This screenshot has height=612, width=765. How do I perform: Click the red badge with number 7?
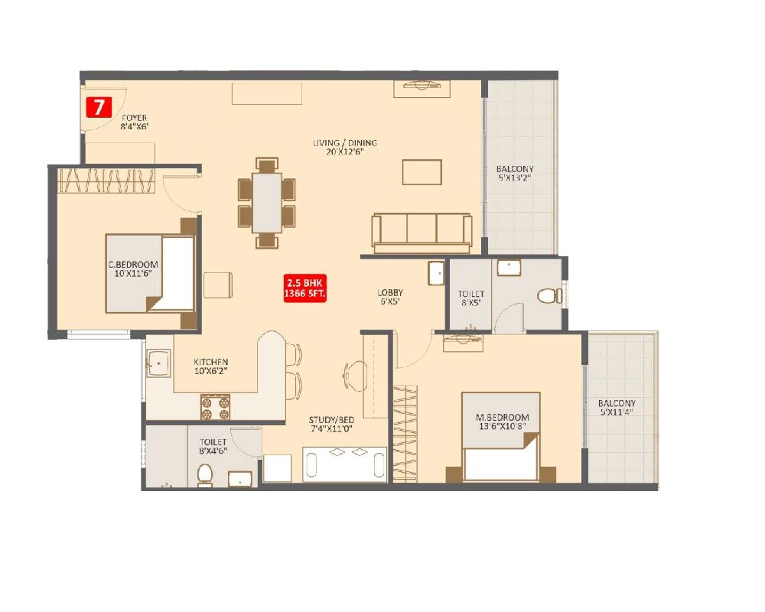(98, 107)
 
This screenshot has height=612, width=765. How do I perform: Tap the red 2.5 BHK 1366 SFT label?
(305, 288)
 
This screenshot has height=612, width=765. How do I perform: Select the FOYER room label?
(134, 123)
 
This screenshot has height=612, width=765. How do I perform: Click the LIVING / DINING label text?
(344, 147)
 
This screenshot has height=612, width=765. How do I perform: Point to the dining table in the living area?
(267, 203)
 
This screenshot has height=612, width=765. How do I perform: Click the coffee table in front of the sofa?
(422, 172)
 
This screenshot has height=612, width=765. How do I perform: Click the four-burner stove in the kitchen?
(216, 407)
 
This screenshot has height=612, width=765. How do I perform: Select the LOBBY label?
(389, 298)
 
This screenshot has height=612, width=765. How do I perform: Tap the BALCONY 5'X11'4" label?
(617, 408)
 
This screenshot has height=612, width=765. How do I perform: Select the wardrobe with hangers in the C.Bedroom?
(107, 181)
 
